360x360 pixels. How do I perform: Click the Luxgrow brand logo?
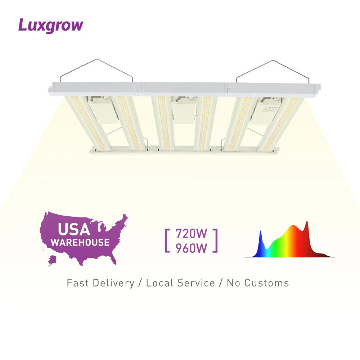(51, 26)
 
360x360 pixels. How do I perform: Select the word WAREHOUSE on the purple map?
(80, 242)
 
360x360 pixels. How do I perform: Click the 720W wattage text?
(192, 234)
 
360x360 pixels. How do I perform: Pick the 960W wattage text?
(192, 248)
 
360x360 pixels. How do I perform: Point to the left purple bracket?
(167, 240)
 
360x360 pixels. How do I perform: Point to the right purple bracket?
(215, 240)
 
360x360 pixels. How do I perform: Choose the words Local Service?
(180, 283)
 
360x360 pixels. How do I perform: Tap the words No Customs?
(258, 283)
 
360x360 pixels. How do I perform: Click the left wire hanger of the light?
(96, 68)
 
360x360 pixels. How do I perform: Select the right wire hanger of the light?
(272, 68)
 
